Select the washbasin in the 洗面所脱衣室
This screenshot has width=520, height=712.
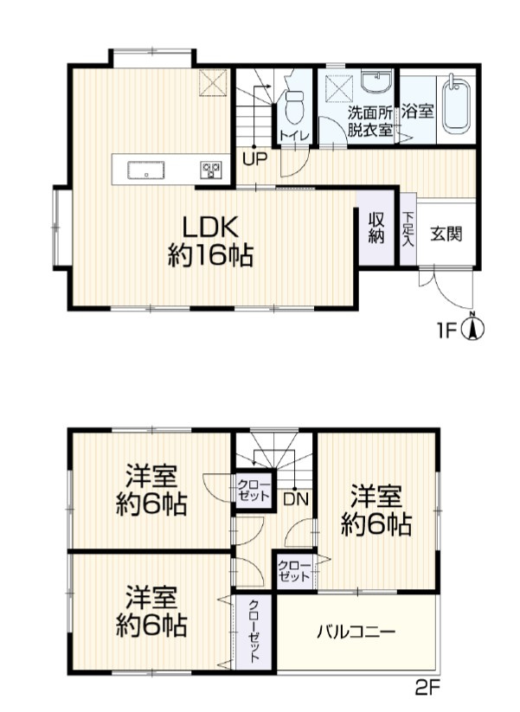click(x=376, y=81)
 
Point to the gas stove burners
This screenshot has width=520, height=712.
click(x=211, y=170)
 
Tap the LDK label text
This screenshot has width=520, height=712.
click(x=210, y=227)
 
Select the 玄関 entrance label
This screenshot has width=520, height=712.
click(x=446, y=234)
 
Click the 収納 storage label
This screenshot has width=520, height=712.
click(x=376, y=228)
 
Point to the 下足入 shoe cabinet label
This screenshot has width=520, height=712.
click(x=408, y=229)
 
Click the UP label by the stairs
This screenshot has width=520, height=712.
click(x=254, y=159)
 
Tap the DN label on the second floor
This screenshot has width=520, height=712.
click(x=296, y=500)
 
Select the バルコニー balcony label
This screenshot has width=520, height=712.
click(x=356, y=632)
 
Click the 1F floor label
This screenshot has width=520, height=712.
click(x=446, y=331)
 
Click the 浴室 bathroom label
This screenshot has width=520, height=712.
click(x=418, y=111)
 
